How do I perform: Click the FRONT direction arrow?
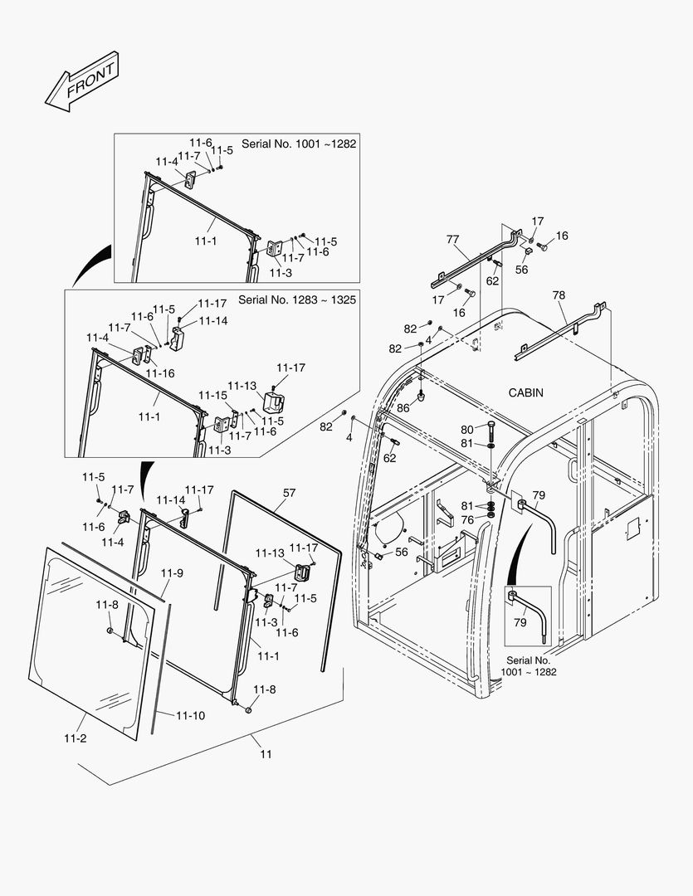pos(82,83)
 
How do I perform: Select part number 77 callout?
pos(452,239)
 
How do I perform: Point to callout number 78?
pos(559,295)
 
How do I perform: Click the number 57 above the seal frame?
pos(289,493)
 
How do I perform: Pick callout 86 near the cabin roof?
pos(403,408)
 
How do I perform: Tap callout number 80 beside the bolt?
pos(467,429)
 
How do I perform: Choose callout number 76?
pos(467,520)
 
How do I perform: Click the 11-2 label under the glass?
pos(75,737)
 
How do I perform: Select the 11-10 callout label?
pos(190,715)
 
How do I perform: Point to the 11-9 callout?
pos(172,573)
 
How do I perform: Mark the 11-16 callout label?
pos(159,373)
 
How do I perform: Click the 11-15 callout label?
pos(212,395)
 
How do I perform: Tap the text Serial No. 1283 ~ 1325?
pos(297,299)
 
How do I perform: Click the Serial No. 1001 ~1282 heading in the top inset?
pos(298,144)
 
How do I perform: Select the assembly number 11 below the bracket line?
pos(266,754)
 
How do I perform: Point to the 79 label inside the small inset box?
pos(520,621)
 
